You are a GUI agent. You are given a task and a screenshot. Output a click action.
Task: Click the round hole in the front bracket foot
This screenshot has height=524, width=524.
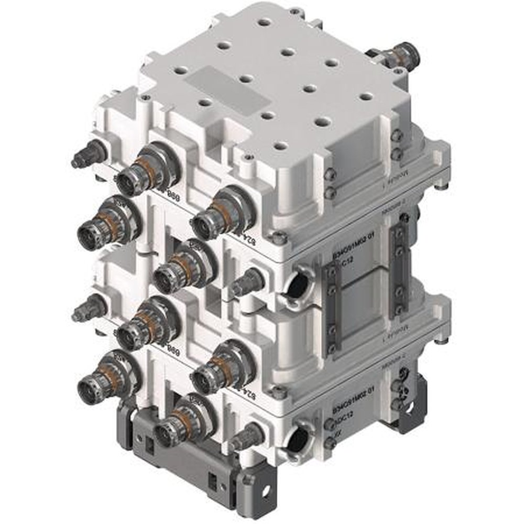(x=267, y=490)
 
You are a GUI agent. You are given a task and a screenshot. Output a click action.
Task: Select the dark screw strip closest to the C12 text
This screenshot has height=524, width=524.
(x=332, y=309)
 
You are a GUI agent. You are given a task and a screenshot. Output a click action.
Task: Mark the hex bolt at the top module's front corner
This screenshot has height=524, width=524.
(x=279, y=238)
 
